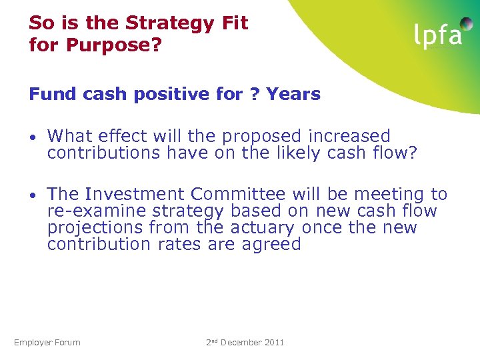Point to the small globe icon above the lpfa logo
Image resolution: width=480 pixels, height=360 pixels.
467,23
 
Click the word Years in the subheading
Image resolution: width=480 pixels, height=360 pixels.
293,94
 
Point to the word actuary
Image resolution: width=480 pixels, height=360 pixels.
262,228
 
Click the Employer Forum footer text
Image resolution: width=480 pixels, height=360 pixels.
47,343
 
